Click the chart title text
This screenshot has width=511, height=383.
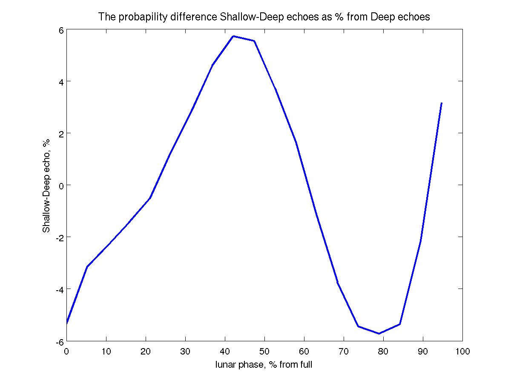coord(264,17)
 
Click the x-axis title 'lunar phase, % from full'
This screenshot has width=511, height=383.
coord(264,365)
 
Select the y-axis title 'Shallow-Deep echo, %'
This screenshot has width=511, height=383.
coord(46,186)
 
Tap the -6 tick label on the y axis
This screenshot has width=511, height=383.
coord(59,341)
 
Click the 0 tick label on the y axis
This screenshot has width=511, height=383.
coord(61,186)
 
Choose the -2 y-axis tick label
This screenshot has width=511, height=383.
coord(59,237)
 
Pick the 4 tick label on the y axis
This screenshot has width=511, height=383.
coord(61,82)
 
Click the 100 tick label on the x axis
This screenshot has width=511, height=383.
coord(462,352)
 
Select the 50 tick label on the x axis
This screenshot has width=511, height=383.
coord(264,352)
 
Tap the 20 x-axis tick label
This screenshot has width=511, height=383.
coord(146,352)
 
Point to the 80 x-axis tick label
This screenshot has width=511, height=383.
coord(383,352)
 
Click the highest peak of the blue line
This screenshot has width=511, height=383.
coord(233,36)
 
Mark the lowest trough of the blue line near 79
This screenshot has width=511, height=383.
coord(379,334)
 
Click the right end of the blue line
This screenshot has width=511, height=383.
coord(442,103)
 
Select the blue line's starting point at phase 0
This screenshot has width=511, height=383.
coord(67,323)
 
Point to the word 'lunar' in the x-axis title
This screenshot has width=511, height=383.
coord(225,365)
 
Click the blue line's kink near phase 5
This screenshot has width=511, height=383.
coord(87,267)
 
